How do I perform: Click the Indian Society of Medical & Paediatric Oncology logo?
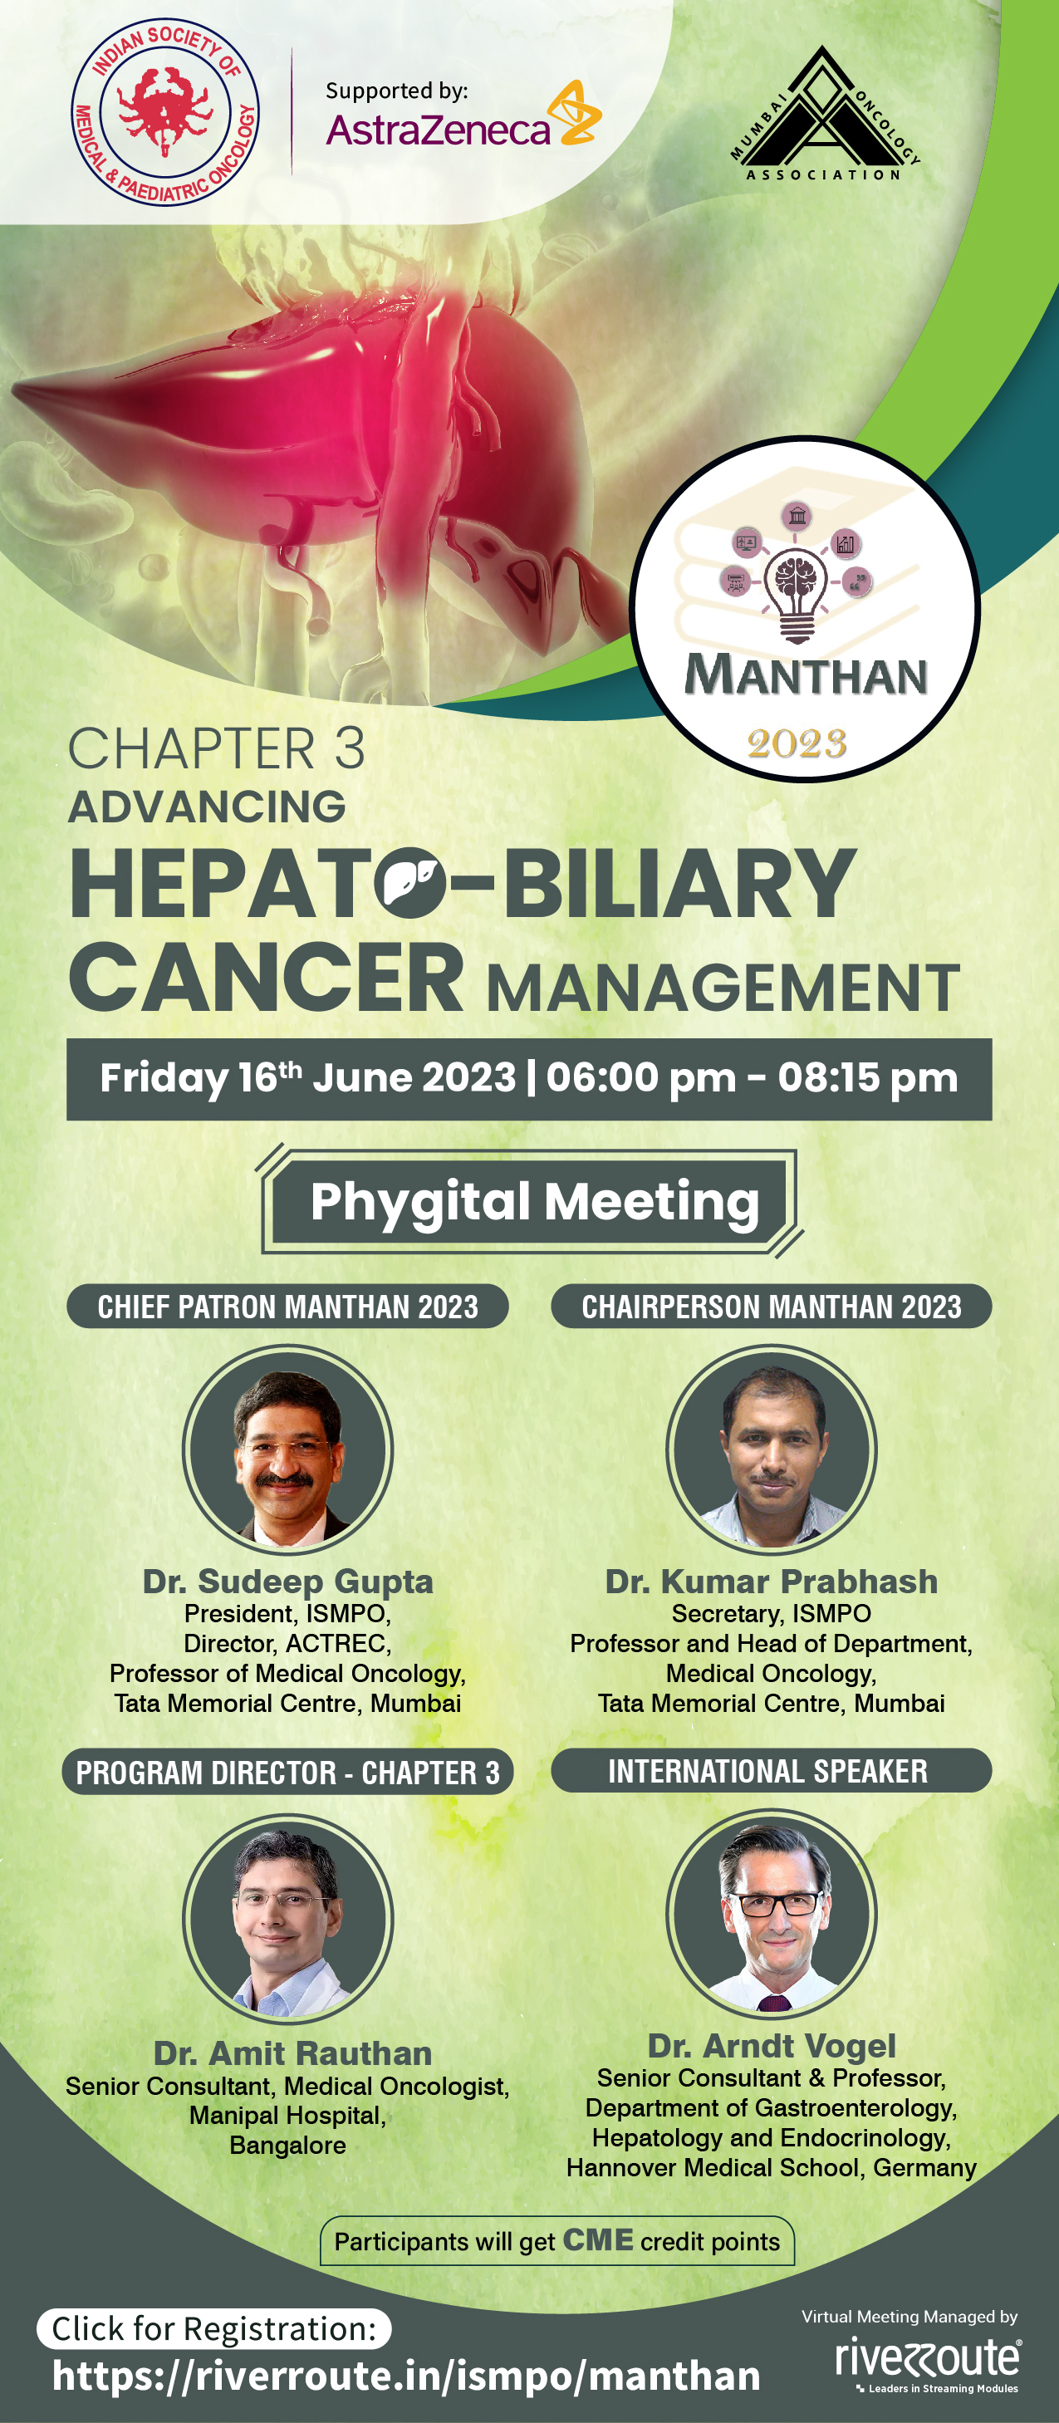click(x=165, y=112)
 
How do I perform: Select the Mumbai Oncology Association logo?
click(x=824, y=113)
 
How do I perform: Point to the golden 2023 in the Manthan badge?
click(x=797, y=744)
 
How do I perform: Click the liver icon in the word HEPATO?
click(x=410, y=882)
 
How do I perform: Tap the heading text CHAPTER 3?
click(x=216, y=748)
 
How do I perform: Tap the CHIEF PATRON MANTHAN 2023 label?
click(x=287, y=1307)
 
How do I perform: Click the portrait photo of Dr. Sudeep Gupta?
click(x=287, y=1450)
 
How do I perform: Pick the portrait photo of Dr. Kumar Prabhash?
click(x=772, y=1450)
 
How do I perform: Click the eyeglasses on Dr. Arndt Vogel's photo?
click(x=777, y=1903)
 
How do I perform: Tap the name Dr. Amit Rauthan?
click(x=292, y=2053)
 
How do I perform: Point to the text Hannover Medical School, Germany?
click(x=772, y=2167)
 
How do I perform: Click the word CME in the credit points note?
click(x=598, y=2240)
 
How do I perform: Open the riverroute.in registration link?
click(x=406, y=2376)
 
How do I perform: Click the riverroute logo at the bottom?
click(x=927, y=2362)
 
